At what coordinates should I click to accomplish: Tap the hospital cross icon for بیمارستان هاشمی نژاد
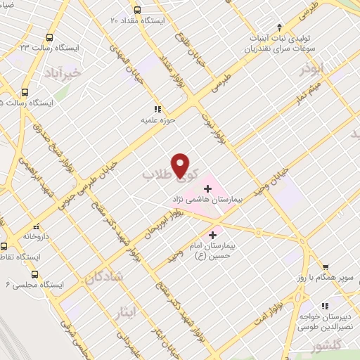point(207,188)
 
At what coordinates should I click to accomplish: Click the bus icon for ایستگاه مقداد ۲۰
point(136,11)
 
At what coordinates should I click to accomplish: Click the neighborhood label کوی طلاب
point(171,174)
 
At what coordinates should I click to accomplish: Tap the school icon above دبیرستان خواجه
point(325,306)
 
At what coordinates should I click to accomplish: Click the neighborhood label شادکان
point(104,278)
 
